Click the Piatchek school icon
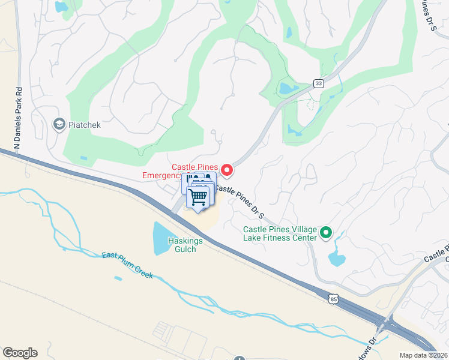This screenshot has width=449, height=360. click(x=59, y=124)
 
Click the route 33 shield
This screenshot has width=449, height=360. click(x=318, y=83)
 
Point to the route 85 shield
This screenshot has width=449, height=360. click(x=334, y=298)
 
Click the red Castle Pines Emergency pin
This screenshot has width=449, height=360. click(x=227, y=170)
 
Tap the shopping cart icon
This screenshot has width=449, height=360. click(x=198, y=196)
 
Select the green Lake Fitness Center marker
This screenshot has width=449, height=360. click(x=326, y=232)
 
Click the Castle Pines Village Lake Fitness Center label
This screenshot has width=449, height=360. click(x=279, y=233)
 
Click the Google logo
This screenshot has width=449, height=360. click(x=20, y=353)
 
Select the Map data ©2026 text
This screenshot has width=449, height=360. click(x=423, y=355)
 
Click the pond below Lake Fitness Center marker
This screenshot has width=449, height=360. click(x=336, y=259)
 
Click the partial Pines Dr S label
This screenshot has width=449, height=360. click(x=429, y=15)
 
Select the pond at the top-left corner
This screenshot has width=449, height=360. click(x=61, y=7)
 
